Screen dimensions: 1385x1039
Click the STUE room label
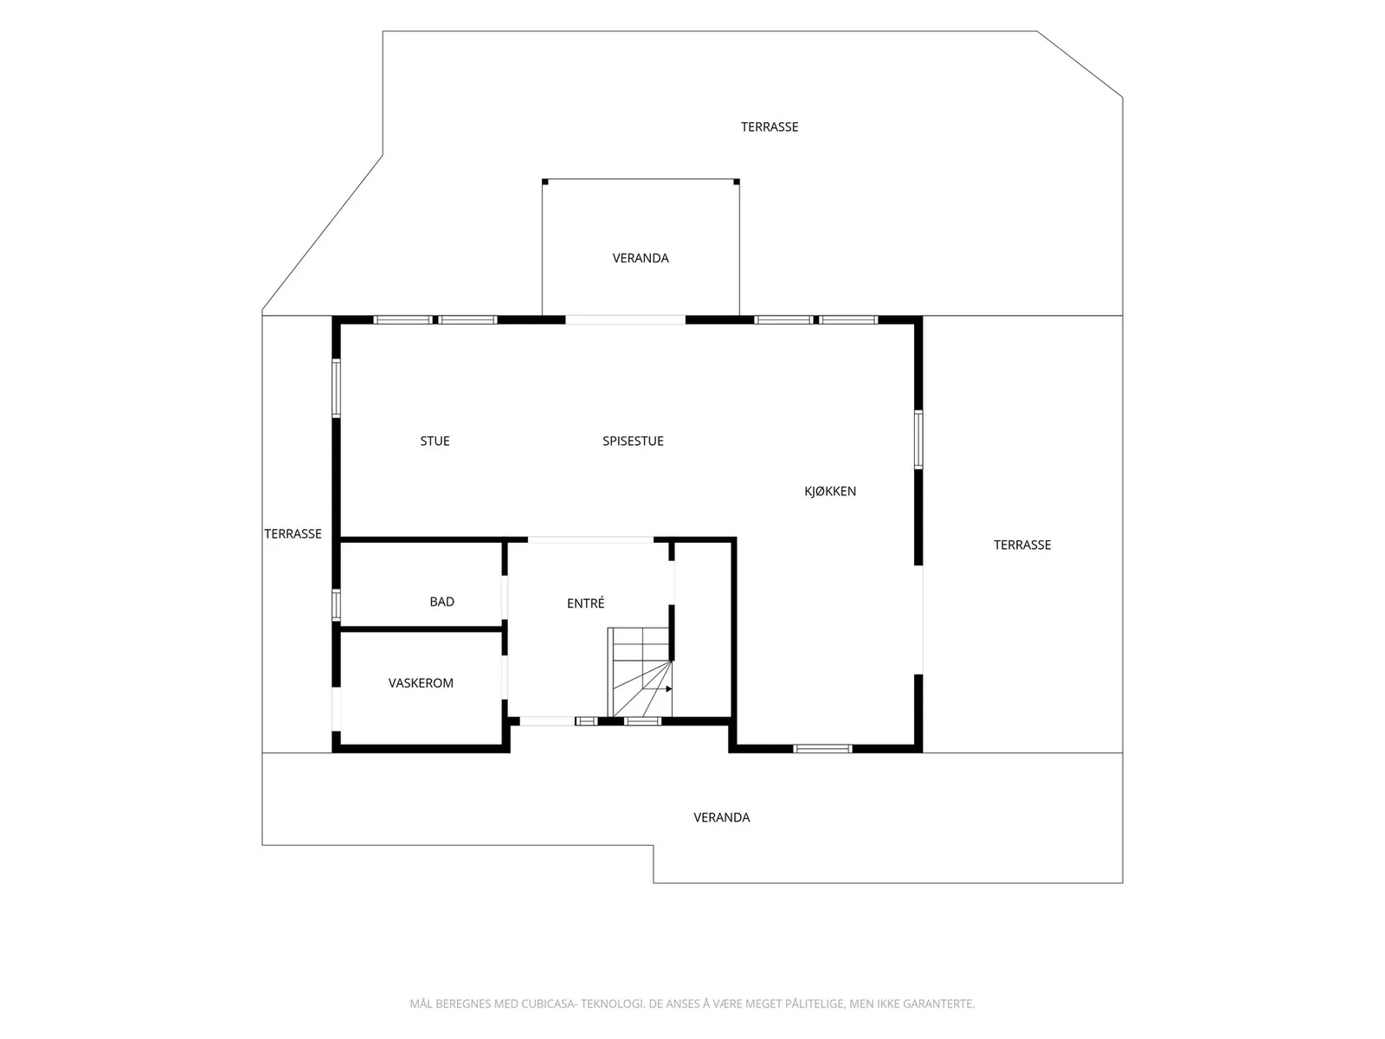435,441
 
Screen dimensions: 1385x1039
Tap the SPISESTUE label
633,441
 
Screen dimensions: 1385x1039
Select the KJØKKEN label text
830,491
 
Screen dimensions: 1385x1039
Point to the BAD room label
441,601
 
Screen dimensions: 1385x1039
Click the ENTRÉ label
585,603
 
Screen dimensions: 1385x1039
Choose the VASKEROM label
420,682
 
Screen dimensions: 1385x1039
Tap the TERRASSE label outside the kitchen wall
1022,545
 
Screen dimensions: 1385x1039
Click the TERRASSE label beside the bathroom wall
293,533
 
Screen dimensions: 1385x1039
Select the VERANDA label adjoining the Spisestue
641,258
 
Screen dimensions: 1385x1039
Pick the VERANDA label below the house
722,817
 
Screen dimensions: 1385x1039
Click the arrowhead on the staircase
669,689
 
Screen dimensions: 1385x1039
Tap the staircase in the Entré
640,672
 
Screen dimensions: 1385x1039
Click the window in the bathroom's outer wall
337,604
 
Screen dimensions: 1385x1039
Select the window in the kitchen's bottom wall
822,749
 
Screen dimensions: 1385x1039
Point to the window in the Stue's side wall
337,388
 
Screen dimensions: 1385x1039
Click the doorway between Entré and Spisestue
590,539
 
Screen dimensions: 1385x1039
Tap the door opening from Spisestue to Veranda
625,319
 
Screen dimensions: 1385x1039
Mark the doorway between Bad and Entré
504,597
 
